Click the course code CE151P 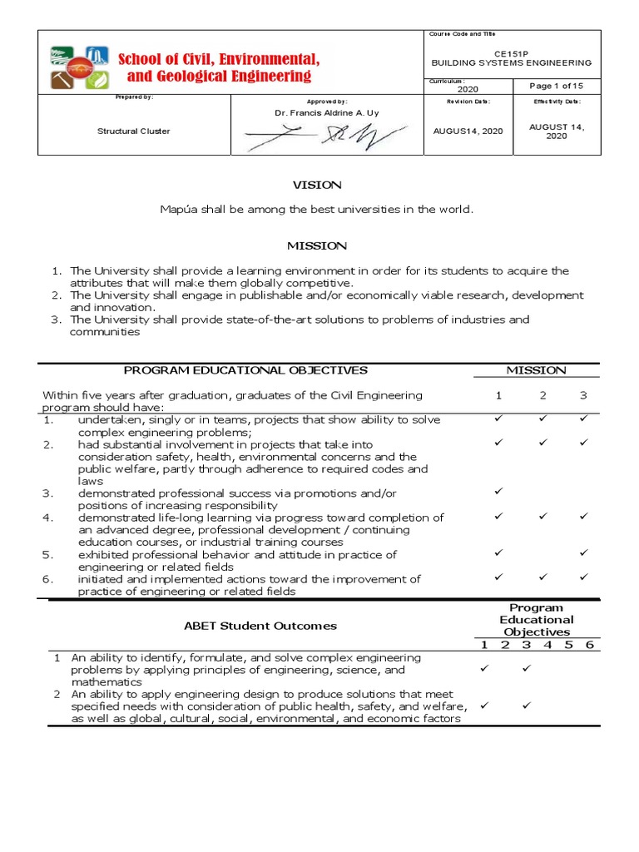pyautogui.click(x=511, y=52)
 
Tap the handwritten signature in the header pyautogui.click(x=325, y=134)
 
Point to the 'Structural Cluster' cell pyautogui.click(x=134, y=131)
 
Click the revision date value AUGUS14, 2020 pyautogui.click(x=468, y=131)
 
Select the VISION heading pyautogui.click(x=315, y=185)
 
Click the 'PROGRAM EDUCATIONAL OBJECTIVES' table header pyautogui.click(x=245, y=369)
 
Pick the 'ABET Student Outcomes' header pyautogui.click(x=260, y=626)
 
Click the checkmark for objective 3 pyautogui.click(x=499, y=493)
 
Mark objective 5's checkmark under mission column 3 pyautogui.click(x=583, y=552)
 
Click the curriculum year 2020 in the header pyautogui.click(x=468, y=88)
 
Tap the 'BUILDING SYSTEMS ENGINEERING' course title pyautogui.click(x=511, y=62)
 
